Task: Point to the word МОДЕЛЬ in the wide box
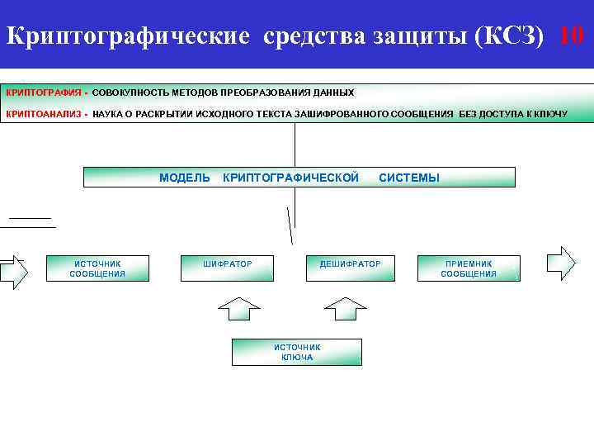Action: click(185, 178)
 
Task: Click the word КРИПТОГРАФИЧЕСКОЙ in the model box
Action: click(291, 178)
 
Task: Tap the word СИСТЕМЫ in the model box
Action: click(408, 178)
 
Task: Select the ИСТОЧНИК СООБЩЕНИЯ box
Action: click(97, 268)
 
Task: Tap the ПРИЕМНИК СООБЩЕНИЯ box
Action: click(469, 268)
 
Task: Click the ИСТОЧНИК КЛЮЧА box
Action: click(297, 352)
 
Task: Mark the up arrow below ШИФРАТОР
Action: click(238, 309)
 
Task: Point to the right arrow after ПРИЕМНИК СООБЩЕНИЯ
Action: click(563, 263)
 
